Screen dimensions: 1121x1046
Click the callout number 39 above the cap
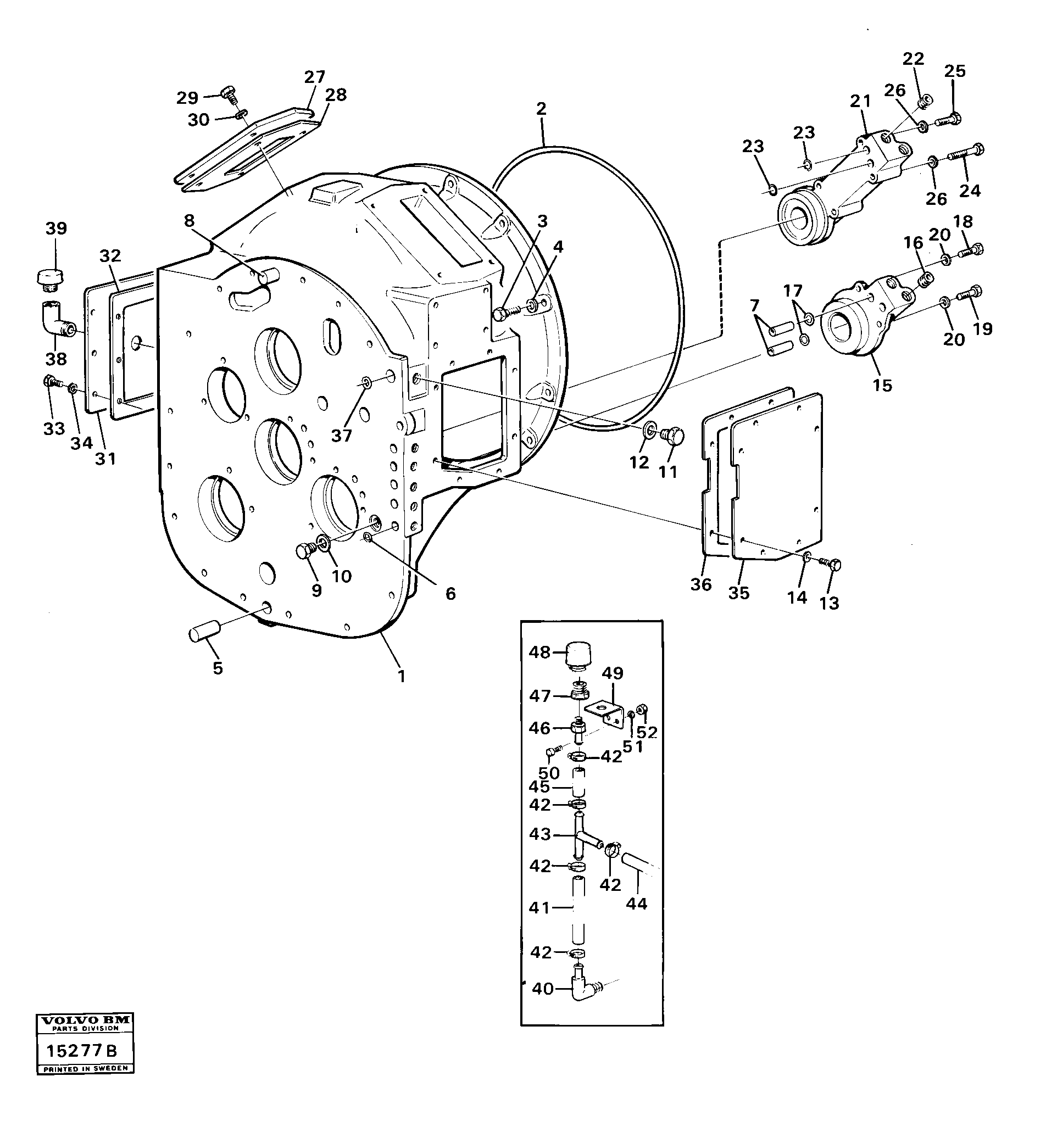coord(56,228)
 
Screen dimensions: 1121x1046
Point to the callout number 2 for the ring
coord(541,108)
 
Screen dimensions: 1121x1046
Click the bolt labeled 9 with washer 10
coord(305,551)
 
